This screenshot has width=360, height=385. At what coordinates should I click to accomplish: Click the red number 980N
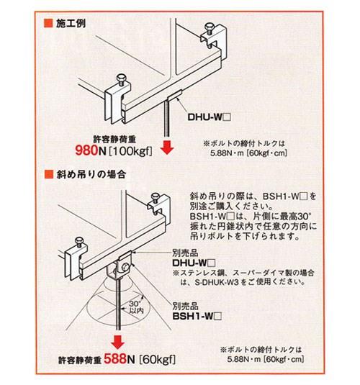(x=91, y=150)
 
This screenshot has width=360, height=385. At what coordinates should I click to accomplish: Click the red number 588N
(x=120, y=358)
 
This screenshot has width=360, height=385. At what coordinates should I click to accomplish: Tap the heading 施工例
(x=71, y=24)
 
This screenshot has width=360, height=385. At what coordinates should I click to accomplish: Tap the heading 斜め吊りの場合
(x=91, y=174)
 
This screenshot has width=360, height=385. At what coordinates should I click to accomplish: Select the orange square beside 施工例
(x=48, y=23)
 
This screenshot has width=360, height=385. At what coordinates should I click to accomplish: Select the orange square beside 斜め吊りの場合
(x=49, y=174)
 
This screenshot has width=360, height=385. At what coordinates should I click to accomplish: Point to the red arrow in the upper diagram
(x=167, y=148)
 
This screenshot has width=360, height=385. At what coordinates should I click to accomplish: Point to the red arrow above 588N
(x=118, y=342)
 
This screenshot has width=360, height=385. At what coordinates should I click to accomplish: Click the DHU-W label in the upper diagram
(x=209, y=117)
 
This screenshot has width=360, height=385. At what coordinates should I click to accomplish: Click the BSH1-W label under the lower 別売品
(x=197, y=316)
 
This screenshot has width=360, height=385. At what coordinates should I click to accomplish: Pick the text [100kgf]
(x=130, y=151)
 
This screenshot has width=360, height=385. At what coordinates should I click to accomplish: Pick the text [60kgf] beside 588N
(x=158, y=360)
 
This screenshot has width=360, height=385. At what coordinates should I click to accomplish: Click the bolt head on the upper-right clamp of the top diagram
(x=210, y=26)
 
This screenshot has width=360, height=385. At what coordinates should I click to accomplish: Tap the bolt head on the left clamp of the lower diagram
(x=79, y=240)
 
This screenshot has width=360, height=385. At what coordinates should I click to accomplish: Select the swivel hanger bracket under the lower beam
(x=120, y=268)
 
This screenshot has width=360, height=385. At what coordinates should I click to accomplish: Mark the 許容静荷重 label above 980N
(x=114, y=140)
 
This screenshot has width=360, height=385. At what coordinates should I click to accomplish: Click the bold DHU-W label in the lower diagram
(x=194, y=263)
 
